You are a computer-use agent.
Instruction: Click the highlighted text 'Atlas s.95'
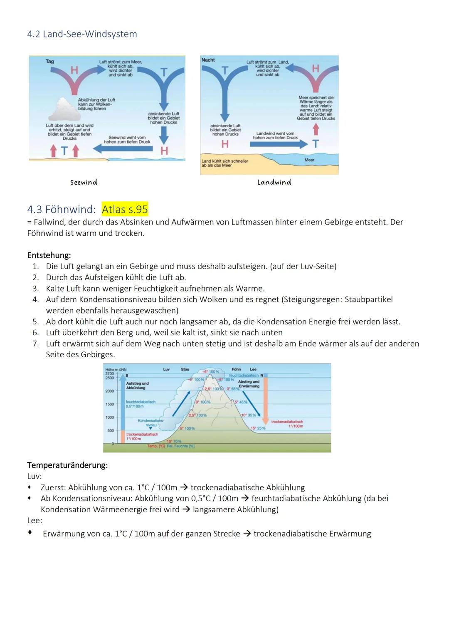pos(125,209)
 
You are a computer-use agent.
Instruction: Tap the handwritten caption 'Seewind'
pos(84,182)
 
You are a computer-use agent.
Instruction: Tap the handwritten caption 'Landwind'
pos(274,182)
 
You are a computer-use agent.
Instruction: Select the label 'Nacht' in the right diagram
pos(208,60)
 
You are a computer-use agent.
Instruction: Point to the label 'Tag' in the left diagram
pos(49,62)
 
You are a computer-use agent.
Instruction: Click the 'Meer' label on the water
pos(309,160)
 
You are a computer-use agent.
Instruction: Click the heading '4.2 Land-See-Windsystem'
pos(82,34)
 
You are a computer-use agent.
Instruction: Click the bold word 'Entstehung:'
pos(49,255)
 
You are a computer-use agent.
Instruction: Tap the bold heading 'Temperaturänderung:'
pos(67,465)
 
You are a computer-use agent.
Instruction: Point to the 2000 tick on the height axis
pos(109,391)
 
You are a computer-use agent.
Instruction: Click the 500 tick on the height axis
pos(111,430)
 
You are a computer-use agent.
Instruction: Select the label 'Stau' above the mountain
pos(185,369)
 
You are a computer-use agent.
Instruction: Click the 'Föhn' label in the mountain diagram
pos(236,369)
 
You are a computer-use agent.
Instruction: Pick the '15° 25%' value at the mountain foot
pos(258,428)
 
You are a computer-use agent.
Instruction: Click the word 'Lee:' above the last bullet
pos(35,520)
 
